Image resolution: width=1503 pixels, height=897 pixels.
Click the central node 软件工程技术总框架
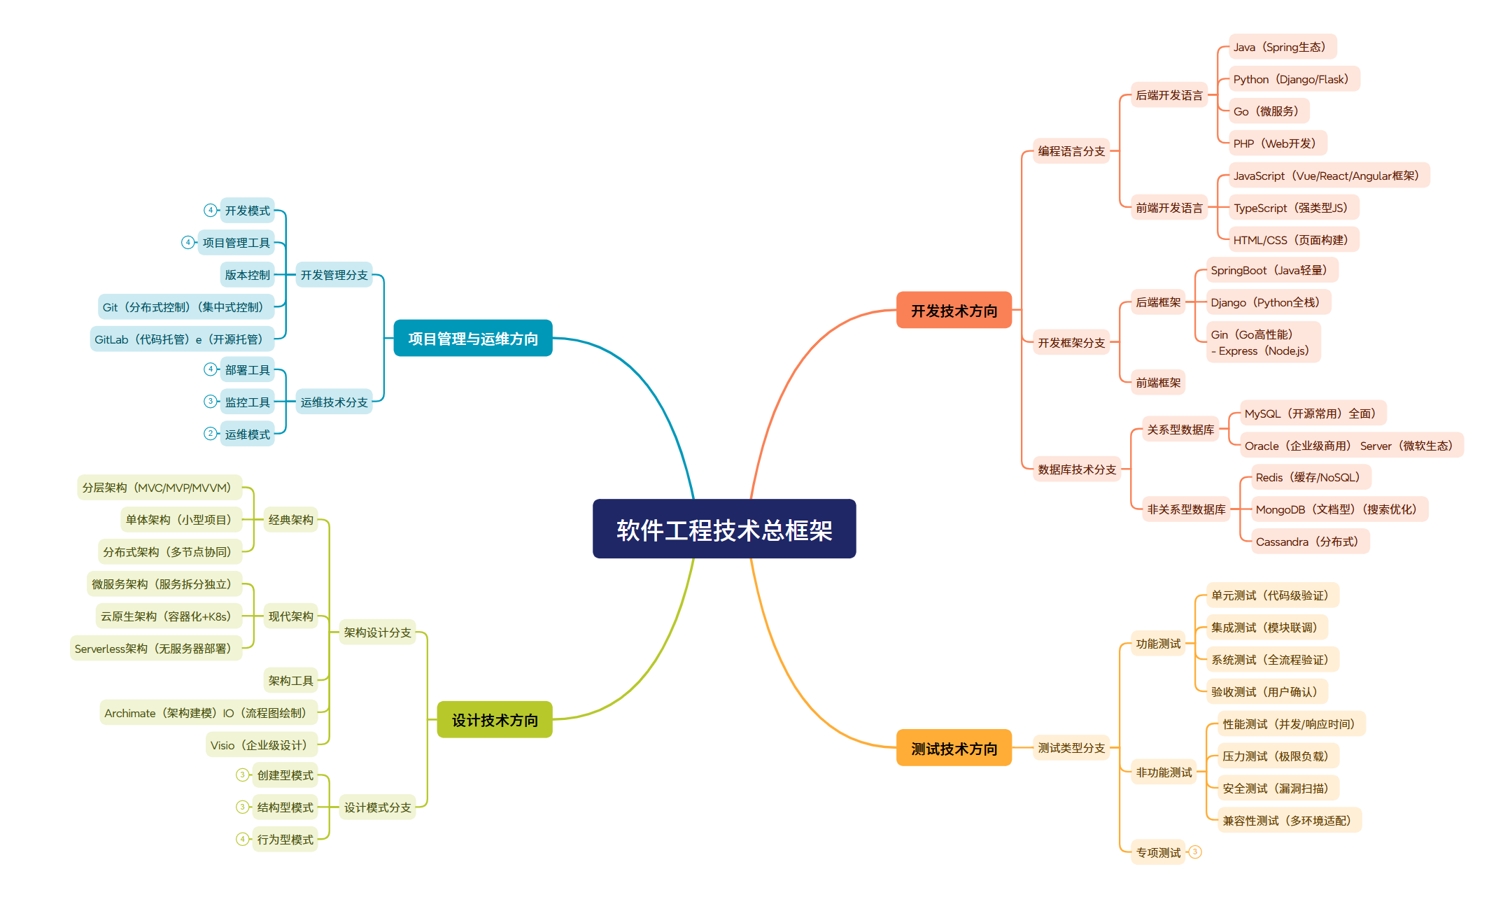tap(724, 529)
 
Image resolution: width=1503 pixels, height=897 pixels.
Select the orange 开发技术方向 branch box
tap(954, 310)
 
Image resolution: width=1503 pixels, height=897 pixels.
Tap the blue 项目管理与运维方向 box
tap(473, 338)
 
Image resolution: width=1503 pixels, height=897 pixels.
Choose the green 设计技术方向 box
tap(495, 719)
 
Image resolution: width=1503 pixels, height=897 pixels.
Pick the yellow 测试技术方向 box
tap(954, 748)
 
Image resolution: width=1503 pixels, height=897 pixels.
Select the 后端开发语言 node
tap(1169, 95)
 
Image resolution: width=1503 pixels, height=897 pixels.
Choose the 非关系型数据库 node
tap(1186, 509)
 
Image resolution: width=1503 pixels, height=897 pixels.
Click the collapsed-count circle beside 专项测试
tap(1195, 852)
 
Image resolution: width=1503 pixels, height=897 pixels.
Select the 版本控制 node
tap(247, 275)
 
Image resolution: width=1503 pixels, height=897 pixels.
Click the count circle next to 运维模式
tap(210, 434)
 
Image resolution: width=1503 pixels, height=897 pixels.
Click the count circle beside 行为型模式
tap(242, 839)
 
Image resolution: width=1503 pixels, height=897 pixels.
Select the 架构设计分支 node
tap(377, 633)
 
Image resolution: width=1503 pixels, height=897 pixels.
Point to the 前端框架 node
tap(1158, 383)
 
